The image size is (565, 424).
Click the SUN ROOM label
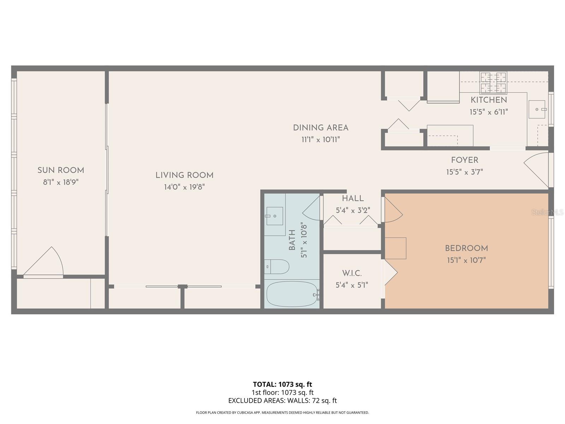point(61,170)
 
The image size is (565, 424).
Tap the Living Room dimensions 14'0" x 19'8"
point(184,187)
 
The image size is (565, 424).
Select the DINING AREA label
point(321,128)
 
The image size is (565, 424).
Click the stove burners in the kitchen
point(493,82)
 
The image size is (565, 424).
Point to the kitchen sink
point(537,109)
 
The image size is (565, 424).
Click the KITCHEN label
point(489,100)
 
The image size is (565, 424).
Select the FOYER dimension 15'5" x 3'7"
point(464,172)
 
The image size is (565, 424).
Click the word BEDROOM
point(466,248)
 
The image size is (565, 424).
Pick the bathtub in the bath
point(292,294)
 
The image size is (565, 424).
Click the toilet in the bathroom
point(277,266)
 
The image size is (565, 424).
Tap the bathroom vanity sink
point(274,216)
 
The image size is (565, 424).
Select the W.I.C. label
point(352,273)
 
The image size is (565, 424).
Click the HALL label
point(353,199)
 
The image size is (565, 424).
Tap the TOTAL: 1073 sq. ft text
point(282,384)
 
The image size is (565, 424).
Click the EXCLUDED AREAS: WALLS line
point(282,401)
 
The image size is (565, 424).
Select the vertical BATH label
point(292,240)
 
